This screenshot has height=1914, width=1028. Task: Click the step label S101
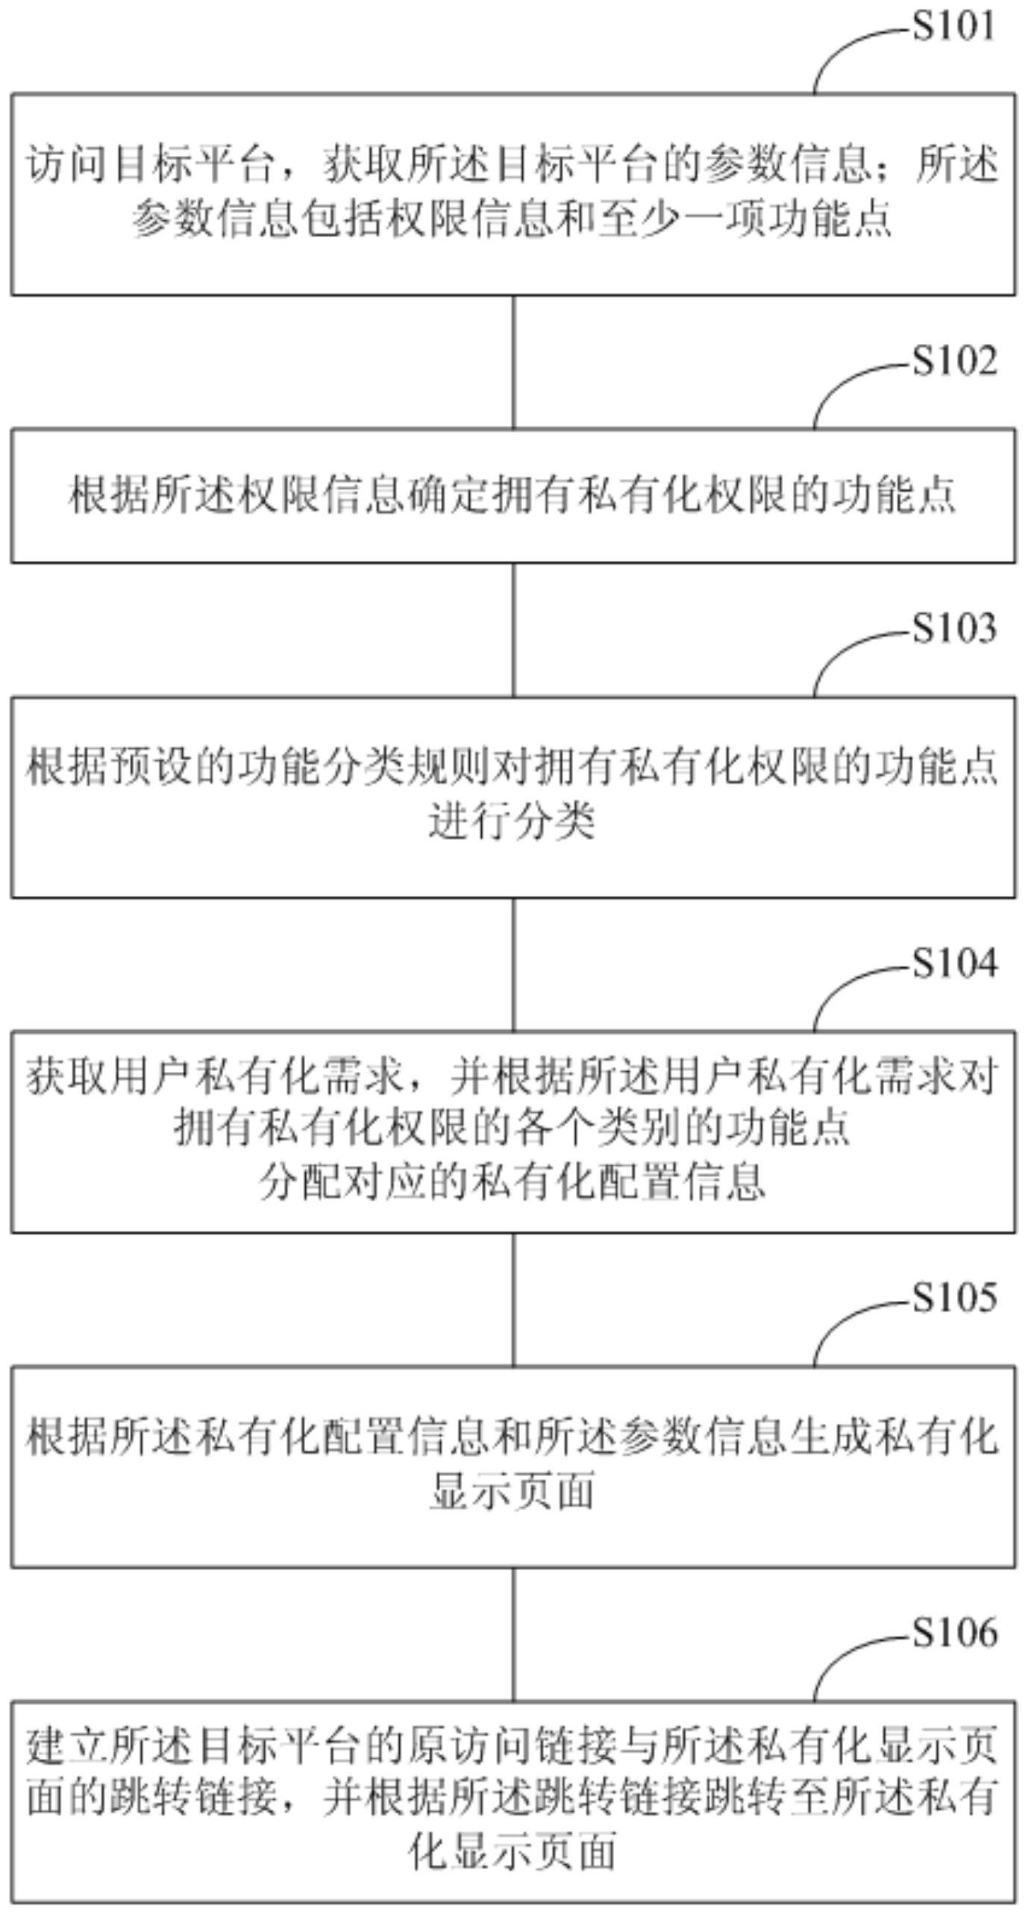coord(954,27)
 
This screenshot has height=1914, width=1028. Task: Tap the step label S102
coord(955,361)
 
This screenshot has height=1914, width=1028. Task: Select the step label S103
coord(955,628)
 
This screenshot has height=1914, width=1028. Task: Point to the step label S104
coord(955,963)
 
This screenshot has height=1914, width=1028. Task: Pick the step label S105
coord(955,1298)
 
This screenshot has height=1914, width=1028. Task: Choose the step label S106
coord(955,1633)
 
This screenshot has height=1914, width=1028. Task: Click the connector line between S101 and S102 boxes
coord(513,362)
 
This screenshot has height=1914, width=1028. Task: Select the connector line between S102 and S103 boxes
coord(513,630)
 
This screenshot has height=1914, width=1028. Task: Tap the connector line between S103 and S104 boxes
coord(513,964)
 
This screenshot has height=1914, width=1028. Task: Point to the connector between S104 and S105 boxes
coord(513,1299)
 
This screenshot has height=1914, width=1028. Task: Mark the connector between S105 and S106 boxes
coord(513,1634)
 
